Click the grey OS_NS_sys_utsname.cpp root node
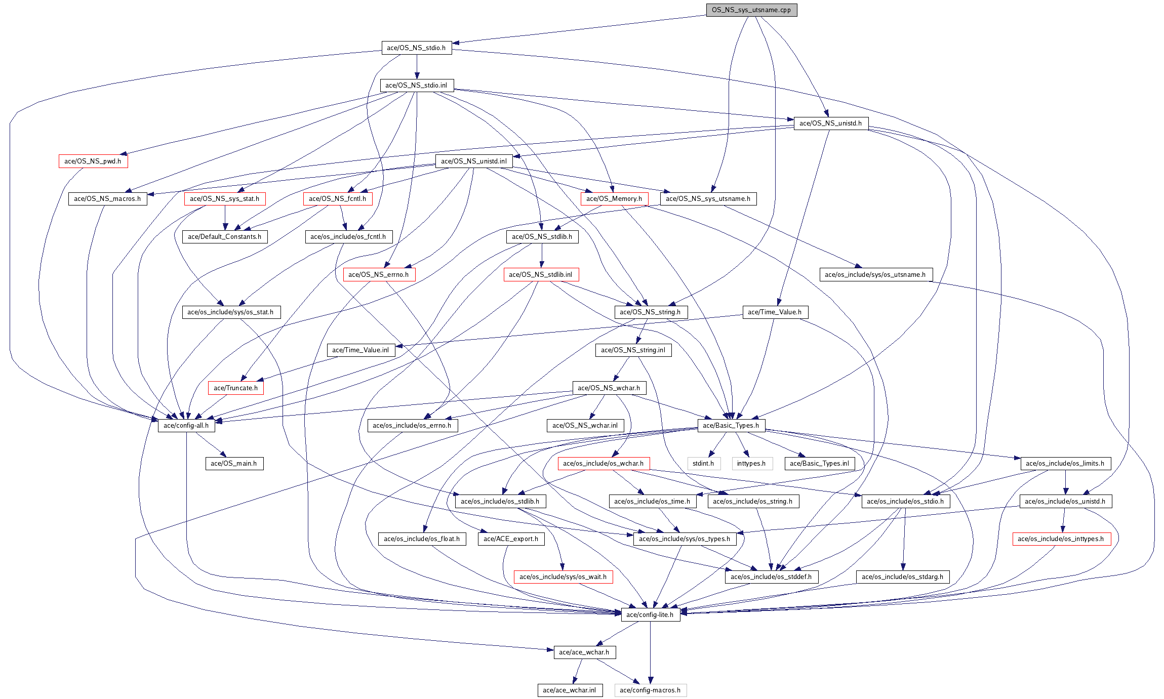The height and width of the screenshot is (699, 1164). click(x=751, y=10)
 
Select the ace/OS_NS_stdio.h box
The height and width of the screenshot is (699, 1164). click(x=416, y=48)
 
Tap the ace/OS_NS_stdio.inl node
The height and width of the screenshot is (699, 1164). click(x=416, y=86)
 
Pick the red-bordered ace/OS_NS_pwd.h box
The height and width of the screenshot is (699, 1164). click(x=93, y=161)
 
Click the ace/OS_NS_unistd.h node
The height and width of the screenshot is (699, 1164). click(x=830, y=124)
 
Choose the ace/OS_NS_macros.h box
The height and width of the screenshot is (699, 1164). click(x=107, y=199)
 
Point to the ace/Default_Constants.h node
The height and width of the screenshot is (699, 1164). click(x=224, y=237)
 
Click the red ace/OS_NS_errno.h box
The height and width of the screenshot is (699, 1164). click(x=379, y=275)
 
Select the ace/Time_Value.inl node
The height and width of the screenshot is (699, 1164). click(x=360, y=350)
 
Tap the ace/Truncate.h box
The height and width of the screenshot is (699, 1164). click(x=235, y=388)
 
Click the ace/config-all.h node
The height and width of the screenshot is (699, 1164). click(x=186, y=426)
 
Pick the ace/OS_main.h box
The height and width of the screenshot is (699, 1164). click(x=234, y=464)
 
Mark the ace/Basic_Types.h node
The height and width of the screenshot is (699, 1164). click(x=731, y=426)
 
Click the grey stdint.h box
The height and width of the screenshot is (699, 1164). click(x=703, y=464)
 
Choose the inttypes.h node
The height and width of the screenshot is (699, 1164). click(x=751, y=464)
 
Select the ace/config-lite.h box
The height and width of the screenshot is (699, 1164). click(x=650, y=615)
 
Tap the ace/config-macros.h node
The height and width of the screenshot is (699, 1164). click(x=650, y=690)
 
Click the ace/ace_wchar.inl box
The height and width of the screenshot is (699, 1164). click(x=570, y=690)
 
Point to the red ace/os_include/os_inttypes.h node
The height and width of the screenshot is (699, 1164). click(x=1061, y=539)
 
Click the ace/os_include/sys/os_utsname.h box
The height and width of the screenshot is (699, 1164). click(x=875, y=275)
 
